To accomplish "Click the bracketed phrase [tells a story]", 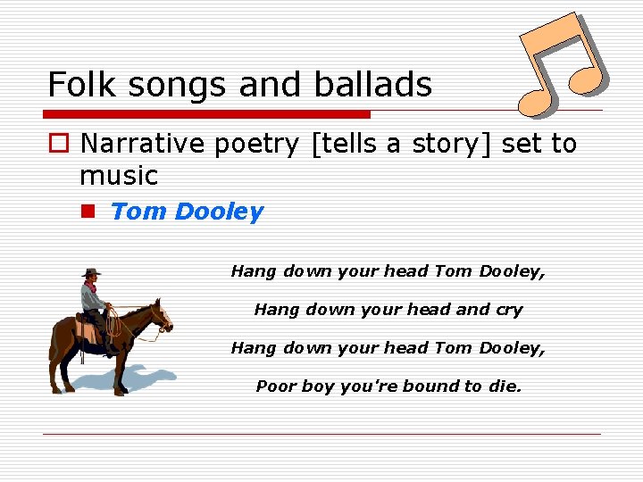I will point(400,144).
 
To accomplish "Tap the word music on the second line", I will point(118,175).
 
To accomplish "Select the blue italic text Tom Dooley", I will point(187,212).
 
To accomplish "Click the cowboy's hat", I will point(90,271).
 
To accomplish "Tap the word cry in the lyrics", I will point(509,310).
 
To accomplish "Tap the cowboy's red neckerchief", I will point(89,287).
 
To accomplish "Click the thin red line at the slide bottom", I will point(321,434).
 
